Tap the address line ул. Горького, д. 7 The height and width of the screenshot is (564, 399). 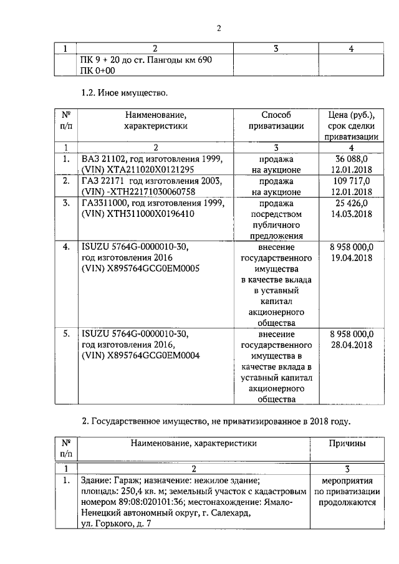coord(117,525)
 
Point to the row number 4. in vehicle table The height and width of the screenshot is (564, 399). coord(65,247)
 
